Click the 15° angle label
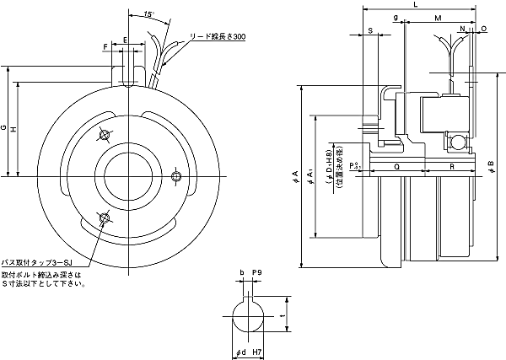coord(148,14)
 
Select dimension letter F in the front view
coord(105,45)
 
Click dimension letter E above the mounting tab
coord(126,40)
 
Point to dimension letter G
coord(4,128)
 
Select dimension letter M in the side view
coord(437,17)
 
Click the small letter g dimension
coord(396,17)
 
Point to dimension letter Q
coord(396,167)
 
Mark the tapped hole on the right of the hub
coord(176,175)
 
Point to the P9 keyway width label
coord(257,273)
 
